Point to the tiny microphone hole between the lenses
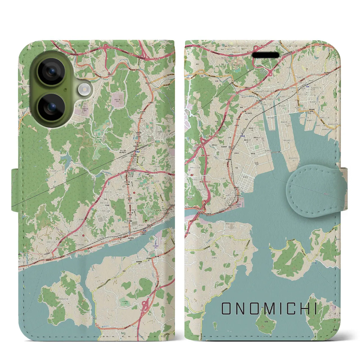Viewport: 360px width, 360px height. coord(65,89)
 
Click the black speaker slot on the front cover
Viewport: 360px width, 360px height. coord(266,55)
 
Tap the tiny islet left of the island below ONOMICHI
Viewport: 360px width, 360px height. coord(215,326)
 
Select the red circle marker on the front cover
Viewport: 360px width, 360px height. coord(192,175)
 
